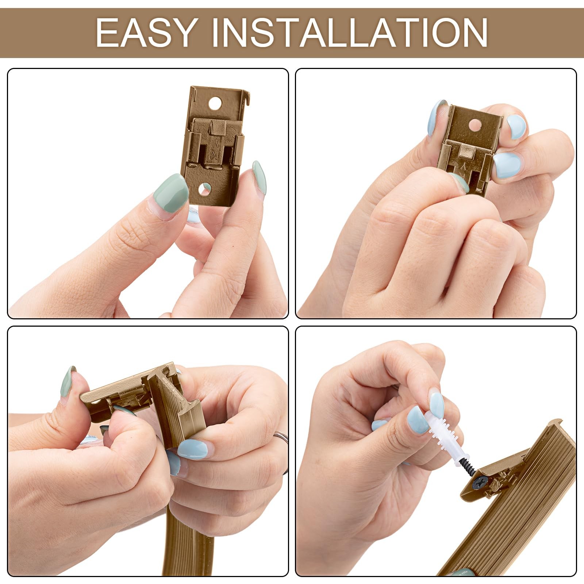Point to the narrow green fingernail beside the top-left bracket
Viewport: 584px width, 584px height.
pyautogui.click(x=259, y=178)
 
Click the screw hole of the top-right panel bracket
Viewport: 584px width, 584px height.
pyautogui.click(x=475, y=124)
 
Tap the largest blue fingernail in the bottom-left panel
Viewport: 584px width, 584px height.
pyautogui.click(x=192, y=449)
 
